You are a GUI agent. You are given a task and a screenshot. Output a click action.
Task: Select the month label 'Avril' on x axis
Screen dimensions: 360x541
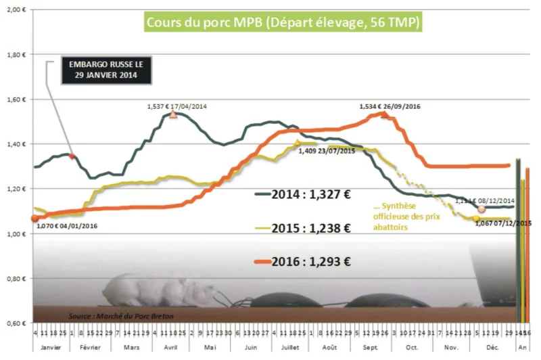pos(169,346)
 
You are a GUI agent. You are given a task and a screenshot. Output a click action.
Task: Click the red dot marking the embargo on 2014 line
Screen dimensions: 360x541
pos(72,156)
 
